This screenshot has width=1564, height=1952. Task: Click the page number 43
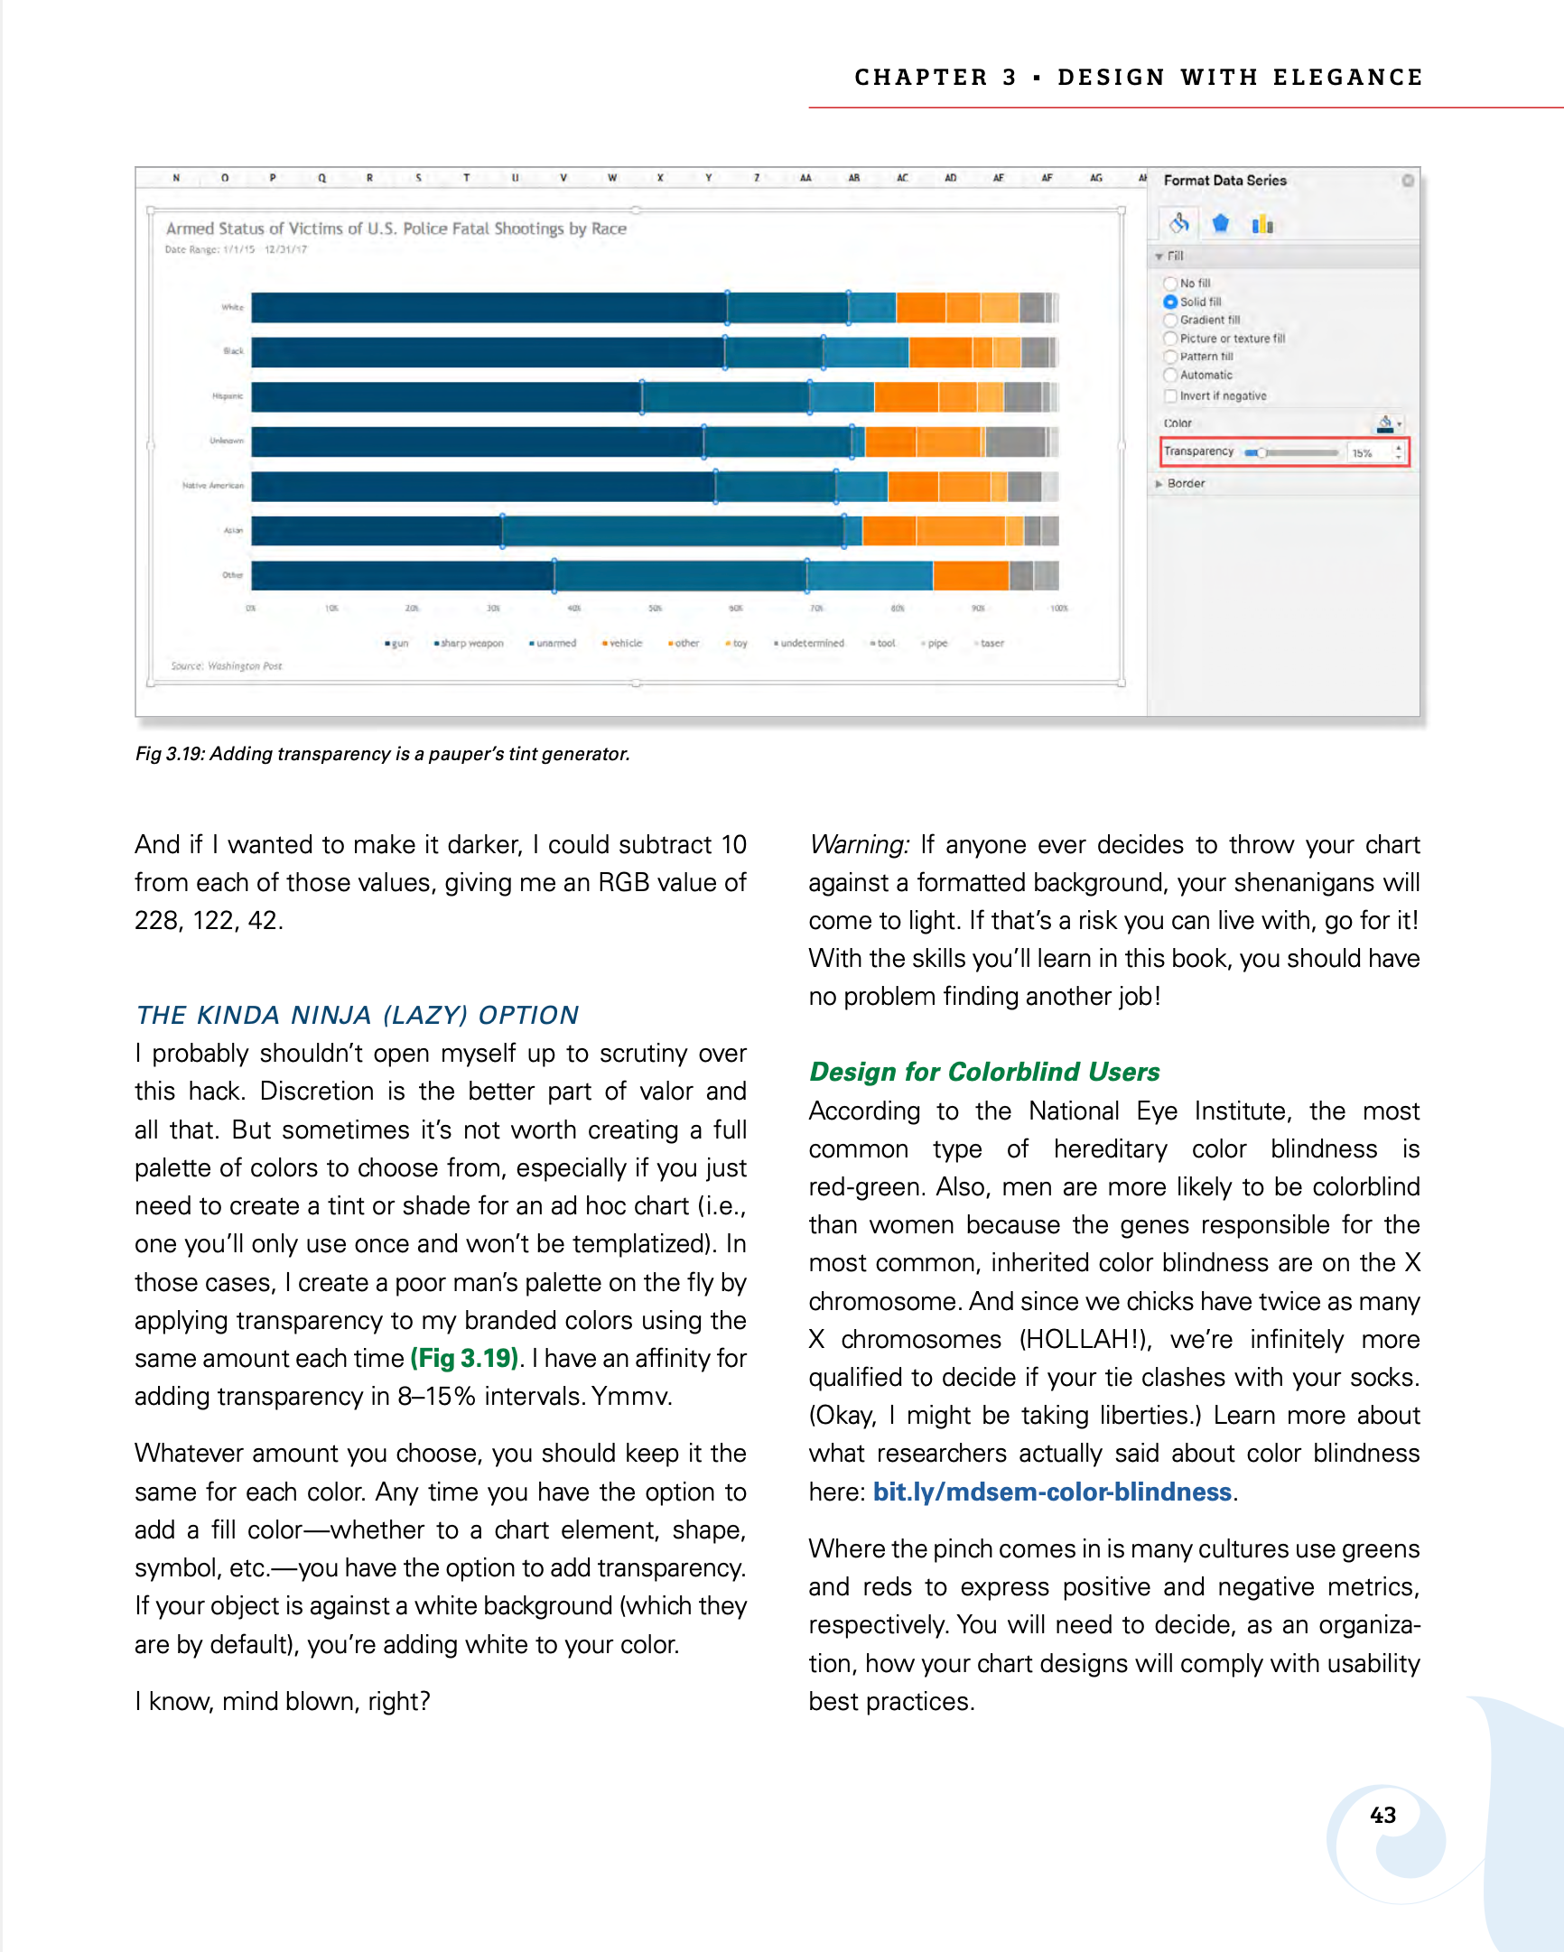tap(1382, 1815)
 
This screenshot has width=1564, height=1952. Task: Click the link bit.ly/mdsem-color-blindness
tap(1051, 1492)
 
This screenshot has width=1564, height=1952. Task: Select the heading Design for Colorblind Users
tap(983, 1071)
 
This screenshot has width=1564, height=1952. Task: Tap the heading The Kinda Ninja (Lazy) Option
tap(357, 1014)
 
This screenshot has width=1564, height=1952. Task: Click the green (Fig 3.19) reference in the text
tap(464, 1358)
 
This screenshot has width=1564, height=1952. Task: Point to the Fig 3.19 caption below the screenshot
tap(382, 753)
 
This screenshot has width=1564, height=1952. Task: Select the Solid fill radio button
tap(1170, 302)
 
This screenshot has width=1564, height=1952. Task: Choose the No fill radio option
tap(1170, 284)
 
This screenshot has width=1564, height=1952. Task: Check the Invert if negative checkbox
tap(1170, 395)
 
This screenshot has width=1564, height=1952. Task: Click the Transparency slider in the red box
tap(1291, 451)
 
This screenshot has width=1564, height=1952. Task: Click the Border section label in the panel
tap(1186, 483)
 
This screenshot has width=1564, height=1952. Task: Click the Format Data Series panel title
tap(1224, 181)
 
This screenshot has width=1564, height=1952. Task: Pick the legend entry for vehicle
tap(624, 643)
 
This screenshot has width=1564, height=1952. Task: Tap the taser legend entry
tap(991, 643)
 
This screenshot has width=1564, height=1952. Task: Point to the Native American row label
tap(213, 485)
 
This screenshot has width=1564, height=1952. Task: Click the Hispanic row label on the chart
tap(228, 395)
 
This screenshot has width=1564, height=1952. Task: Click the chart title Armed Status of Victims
tap(396, 228)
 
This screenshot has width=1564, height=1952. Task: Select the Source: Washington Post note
tap(227, 665)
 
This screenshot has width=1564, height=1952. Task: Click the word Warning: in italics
tap(859, 844)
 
